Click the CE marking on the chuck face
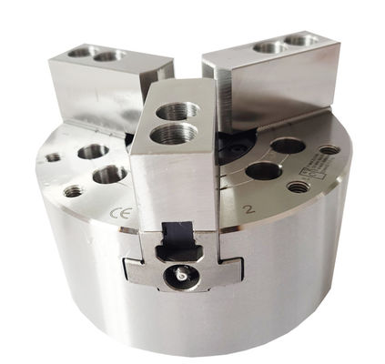[x=117, y=215]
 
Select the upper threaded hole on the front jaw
[x=178, y=113]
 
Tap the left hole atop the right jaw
[x=269, y=47]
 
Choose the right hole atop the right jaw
[x=299, y=41]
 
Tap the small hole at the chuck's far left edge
[x=53, y=157]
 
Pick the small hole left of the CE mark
[x=72, y=192]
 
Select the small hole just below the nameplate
[x=297, y=187]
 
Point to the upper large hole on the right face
[x=288, y=146]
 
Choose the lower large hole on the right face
[x=263, y=170]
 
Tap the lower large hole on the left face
[x=110, y=174]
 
